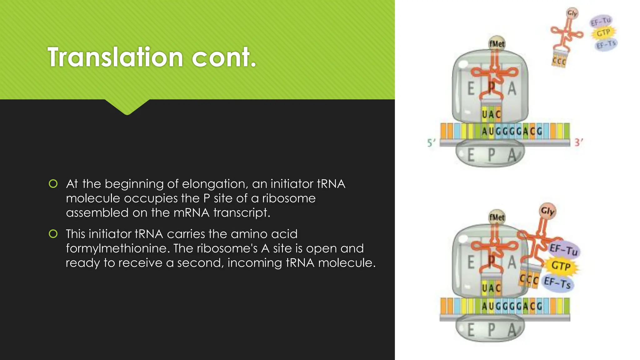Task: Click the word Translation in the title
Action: coord(115,57)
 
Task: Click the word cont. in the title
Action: coord(224,57)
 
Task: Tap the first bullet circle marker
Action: coord(53,184)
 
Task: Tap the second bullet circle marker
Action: coord(53,234)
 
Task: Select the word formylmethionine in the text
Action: coord(118,248)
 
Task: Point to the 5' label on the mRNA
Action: coord(431,143)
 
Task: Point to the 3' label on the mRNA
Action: coord(578,142)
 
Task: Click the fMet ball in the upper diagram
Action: coord(497,43)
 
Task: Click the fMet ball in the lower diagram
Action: coord(497,217)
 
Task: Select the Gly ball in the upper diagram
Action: coord(572,13)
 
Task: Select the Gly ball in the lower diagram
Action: coord(547,211)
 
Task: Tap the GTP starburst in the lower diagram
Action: coord(561,266)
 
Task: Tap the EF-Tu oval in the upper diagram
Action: coord(601,22)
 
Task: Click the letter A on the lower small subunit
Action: coord(512,330)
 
